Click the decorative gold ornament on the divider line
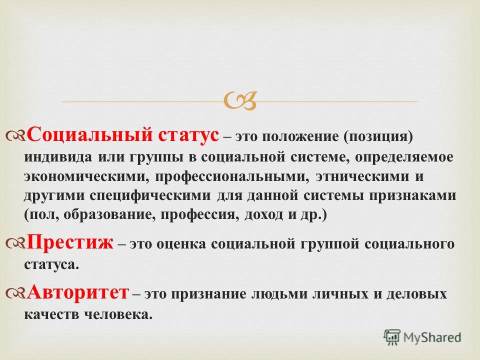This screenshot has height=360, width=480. pyautogui.click(x=240, y=101)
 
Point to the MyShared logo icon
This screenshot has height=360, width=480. pyautogui.click(x=392, y=337)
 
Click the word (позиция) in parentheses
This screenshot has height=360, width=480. pyautogui.click(x=378, y=137)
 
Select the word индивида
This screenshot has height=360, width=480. pyautogui.click(x=58, y=157)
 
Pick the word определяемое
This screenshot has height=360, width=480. pyautogui.click(x=404, y=157)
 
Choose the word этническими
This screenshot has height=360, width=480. pyautogui.click(x=362, y=176)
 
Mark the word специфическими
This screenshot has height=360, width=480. pyautogui.click(x=150, y=196)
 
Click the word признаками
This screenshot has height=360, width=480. pyautogui.click(x=412, y=196)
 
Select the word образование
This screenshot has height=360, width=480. pyautogui.click(x=111, y=215)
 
